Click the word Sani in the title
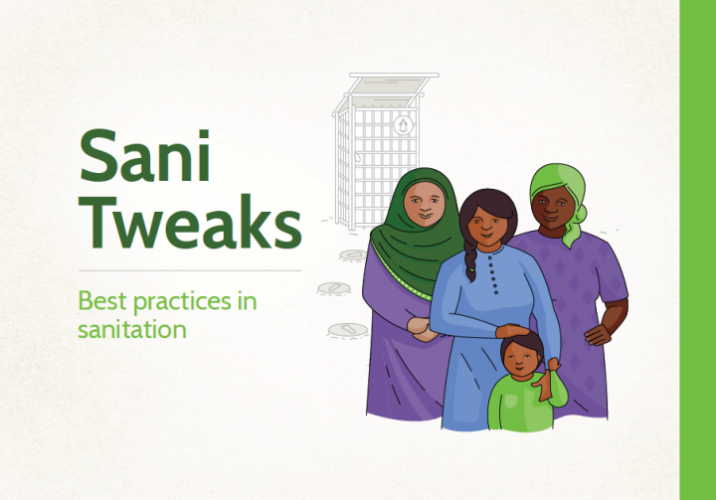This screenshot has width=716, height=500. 145,155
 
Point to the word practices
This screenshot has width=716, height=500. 182,303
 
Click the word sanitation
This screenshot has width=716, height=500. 132,329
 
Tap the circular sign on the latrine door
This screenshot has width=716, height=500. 403,125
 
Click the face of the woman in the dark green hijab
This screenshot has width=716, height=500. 425,203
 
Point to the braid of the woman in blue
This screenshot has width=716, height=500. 470,259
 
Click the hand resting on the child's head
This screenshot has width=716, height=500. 513,331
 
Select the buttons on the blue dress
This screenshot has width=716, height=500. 493,273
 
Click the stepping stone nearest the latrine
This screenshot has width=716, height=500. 353,254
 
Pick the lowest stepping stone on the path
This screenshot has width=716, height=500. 348,330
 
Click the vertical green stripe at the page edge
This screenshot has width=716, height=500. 698,250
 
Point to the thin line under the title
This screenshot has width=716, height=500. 190,270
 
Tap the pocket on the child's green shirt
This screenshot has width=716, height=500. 511,402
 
